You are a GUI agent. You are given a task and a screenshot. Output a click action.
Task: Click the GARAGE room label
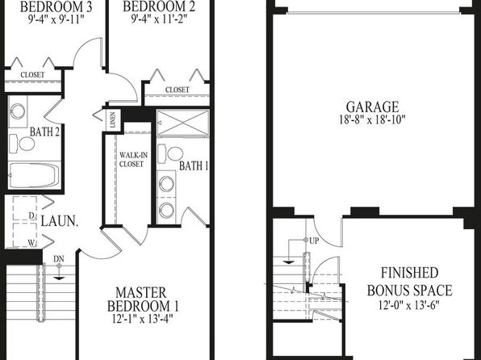pos(372,107)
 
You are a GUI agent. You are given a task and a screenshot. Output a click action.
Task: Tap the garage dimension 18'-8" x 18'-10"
pos(372,119)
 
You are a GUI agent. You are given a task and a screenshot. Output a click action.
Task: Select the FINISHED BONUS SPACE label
pos(409,282)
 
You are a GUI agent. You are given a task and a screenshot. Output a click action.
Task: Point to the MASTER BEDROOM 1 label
pos(143,299)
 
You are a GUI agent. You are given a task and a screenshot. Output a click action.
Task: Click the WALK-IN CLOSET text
pos(133,160)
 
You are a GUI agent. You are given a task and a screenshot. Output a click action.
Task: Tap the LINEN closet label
pos(112,120)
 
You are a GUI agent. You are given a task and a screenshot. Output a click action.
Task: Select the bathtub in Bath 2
pos(34,175)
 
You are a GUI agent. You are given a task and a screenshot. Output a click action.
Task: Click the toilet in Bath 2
pos(22,144)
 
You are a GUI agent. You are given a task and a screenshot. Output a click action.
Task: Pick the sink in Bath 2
pos(18,111)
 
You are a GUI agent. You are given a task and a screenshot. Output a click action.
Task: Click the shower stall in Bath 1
pos(183,123)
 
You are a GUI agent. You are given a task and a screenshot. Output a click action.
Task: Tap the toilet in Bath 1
pos(170,153)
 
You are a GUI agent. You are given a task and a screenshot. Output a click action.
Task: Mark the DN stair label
pos(59,259)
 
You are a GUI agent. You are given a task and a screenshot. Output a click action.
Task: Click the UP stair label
pos(314,241)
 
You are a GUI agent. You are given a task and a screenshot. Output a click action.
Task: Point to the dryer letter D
pos(31,216)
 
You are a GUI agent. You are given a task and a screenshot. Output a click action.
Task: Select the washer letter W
pos(31,243)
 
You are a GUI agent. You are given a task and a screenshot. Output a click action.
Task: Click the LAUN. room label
pos(59,221)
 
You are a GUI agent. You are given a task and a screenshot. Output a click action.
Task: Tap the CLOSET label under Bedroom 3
pos(32,74)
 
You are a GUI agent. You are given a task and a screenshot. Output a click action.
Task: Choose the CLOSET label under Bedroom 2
pos(178,90)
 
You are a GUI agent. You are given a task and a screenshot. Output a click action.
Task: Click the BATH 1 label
pos(194,166)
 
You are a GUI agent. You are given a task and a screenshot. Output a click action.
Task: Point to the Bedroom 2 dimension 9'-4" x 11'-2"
pos(159,19)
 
